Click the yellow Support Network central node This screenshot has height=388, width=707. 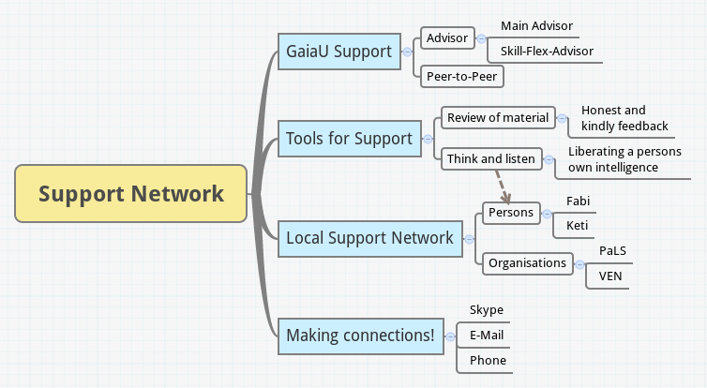131,194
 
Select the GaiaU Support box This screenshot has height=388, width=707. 338,51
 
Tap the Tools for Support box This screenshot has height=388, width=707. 349,139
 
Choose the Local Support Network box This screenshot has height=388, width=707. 369,238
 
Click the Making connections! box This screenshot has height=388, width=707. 361,336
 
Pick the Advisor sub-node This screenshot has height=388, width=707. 447,38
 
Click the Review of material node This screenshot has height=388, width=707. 497,117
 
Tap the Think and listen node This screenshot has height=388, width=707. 490,158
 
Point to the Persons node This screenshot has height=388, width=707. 511,213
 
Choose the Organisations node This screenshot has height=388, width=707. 527,263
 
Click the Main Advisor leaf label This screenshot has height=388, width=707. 536,25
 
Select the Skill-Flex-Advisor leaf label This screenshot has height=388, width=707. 547,51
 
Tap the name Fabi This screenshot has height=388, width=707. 579,201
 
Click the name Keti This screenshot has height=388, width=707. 578,225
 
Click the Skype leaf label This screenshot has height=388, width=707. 486,310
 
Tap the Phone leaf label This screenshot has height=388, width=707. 488,360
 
